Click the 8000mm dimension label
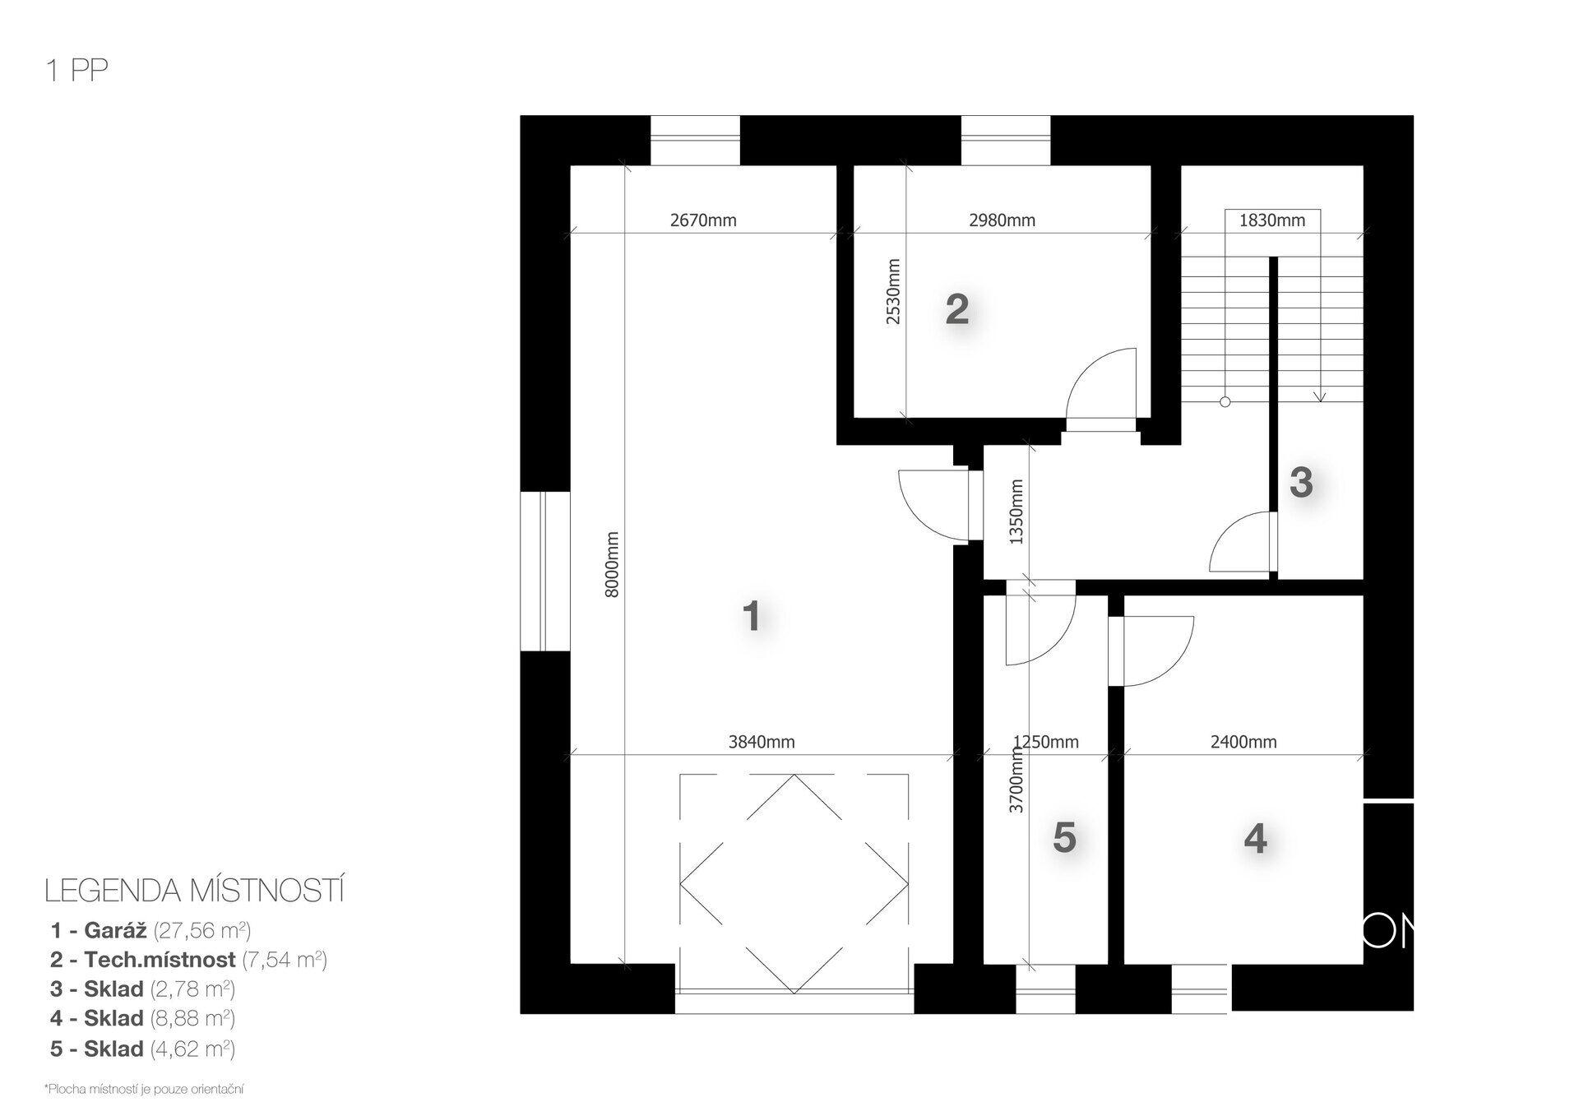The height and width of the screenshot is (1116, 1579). click(x=612, y=564)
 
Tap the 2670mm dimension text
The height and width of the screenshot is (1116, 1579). click(x=703, y=220)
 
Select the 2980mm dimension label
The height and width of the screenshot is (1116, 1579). click(x=1002, y=220)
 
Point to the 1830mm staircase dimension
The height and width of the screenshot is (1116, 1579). click(x=1271, y=220)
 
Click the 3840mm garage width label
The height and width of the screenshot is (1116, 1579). click(x=762, y=742)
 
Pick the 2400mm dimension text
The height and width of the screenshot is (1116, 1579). click(x=1243, y=742)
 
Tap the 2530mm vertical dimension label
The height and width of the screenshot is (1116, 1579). click(x=893, y=292)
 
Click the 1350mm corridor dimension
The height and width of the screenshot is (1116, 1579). click(x=1016, y=512)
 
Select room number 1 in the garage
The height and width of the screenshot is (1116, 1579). click(x=751, y=615)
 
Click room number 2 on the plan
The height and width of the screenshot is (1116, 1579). click(x=956, y=310)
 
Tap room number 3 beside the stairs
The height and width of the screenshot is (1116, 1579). click(x=1300, y=483)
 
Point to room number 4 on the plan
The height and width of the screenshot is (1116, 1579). click(x=1255, y=839)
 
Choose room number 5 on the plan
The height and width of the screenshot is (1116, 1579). click(x=1064, y=838)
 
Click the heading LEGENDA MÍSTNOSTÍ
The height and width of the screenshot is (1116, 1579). click(x=194, y=891)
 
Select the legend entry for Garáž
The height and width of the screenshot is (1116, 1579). click(x=150, y=930)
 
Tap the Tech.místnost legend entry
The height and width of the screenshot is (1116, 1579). click(x=189, y=960)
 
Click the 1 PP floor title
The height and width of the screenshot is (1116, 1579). click(x=77, y=72)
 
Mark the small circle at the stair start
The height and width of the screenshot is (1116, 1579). click(x=1225, y=402)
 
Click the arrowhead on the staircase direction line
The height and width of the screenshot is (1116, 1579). click(x=1320, y=396)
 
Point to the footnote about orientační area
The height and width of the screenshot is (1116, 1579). click(x=144, y=1090)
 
